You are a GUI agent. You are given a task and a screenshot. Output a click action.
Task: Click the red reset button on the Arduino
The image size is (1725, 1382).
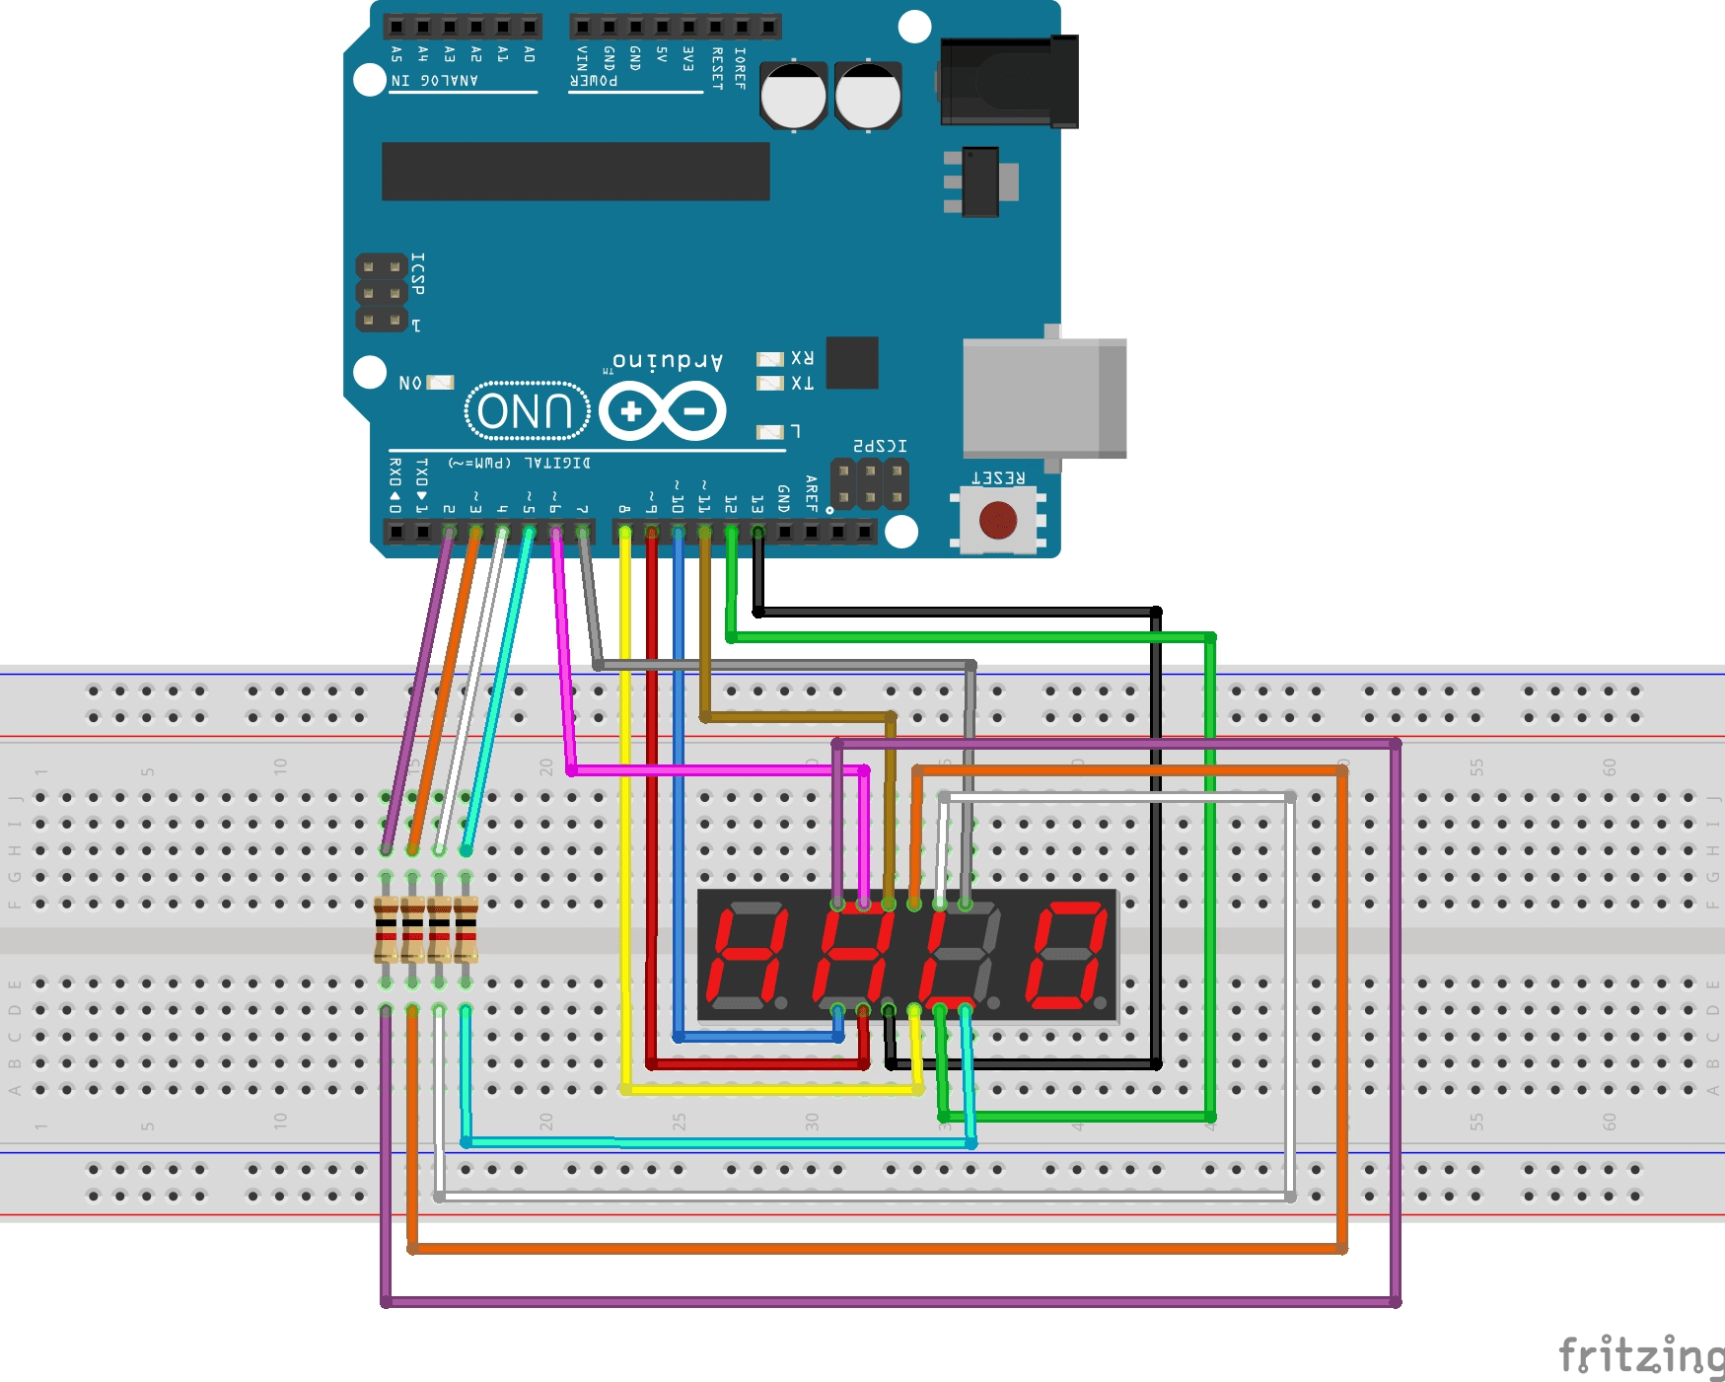(997, 520)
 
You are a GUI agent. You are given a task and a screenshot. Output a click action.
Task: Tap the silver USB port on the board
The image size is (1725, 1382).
(1043, 398)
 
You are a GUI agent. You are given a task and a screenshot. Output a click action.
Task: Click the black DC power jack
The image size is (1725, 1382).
(1008, 82)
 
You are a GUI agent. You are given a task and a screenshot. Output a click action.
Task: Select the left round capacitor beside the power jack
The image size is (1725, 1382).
(793, 96)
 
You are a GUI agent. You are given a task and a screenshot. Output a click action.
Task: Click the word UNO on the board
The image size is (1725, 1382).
(526, 410)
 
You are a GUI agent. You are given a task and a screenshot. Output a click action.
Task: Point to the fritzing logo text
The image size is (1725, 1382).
(1640, 1356)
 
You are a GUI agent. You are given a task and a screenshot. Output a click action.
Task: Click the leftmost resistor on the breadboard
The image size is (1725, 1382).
(386, 929)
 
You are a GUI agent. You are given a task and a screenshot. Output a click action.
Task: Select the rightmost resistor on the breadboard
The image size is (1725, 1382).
(466, 929)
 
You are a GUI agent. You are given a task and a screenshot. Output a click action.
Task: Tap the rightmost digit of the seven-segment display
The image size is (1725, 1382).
(1068, 955)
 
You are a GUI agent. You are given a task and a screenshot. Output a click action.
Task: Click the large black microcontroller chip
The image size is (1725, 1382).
(575, 171)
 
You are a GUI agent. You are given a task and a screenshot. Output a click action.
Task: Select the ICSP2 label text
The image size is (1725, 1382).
(880, 446)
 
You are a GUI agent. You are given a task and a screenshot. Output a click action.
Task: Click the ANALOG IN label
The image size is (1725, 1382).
(434, 80)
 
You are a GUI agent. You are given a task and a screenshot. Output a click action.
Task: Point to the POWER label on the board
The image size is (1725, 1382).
(594, 80)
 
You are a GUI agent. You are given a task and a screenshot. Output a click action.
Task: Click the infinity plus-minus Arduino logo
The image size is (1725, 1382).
(662, 411)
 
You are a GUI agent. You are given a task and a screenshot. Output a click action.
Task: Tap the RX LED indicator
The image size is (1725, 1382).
(769, 359)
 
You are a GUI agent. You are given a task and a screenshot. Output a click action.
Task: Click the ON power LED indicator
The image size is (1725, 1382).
(440, 382)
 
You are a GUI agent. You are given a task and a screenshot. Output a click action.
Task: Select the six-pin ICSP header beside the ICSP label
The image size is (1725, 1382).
(381, 293)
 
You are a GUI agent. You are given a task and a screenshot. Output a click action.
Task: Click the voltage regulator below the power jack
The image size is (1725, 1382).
(980, 182)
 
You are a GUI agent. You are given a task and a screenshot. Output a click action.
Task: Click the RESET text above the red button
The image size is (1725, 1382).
(997, 477)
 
